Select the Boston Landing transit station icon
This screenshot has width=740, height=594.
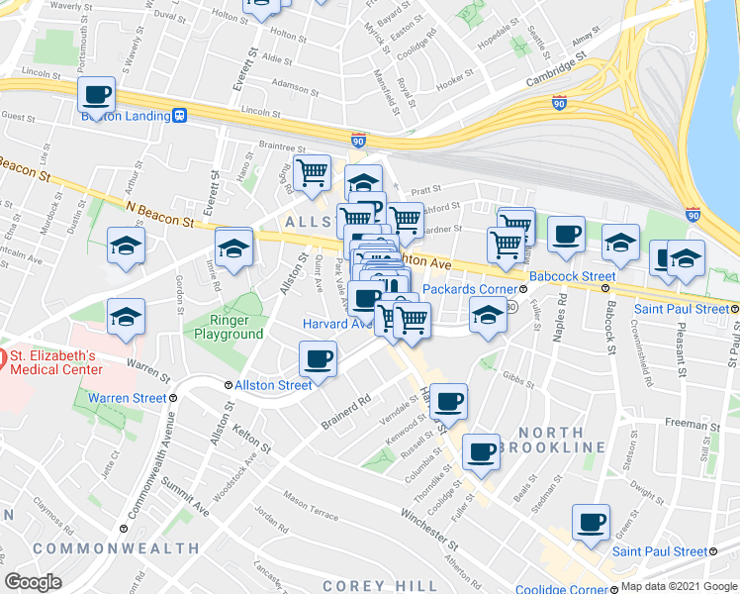(180, 115)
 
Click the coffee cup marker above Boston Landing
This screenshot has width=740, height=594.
(97, 96)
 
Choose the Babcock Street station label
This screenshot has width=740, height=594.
(572, 276)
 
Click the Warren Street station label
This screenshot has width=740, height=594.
(127, 399)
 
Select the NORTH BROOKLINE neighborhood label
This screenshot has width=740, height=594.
(549, 440)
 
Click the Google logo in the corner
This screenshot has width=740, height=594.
(33, 582)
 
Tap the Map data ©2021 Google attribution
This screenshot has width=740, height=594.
(679, 586)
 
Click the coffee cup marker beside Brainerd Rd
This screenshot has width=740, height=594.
(318, 358)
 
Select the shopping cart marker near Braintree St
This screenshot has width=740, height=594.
(313, 172)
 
